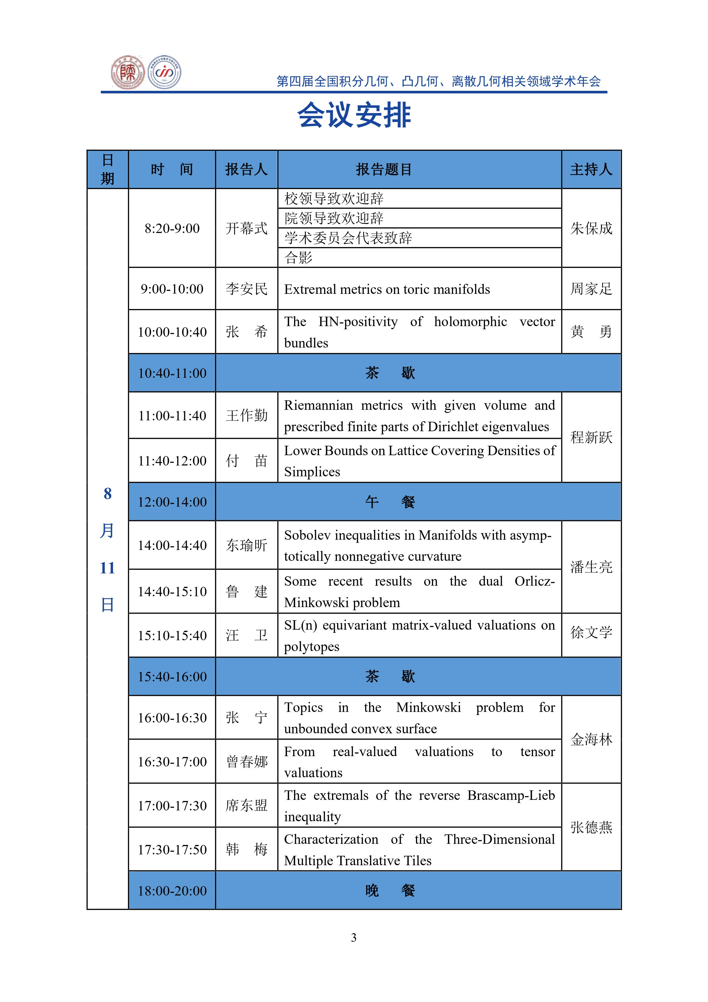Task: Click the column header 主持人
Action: coord(591,169)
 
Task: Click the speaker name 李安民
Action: coord(246,289)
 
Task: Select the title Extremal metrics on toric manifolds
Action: coord(387,289)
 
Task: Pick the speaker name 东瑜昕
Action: coord(246,545)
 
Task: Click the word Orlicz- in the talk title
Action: coord(534,581)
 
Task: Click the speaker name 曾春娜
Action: coord(246,762)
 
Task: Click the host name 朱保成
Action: coord(591,228)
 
